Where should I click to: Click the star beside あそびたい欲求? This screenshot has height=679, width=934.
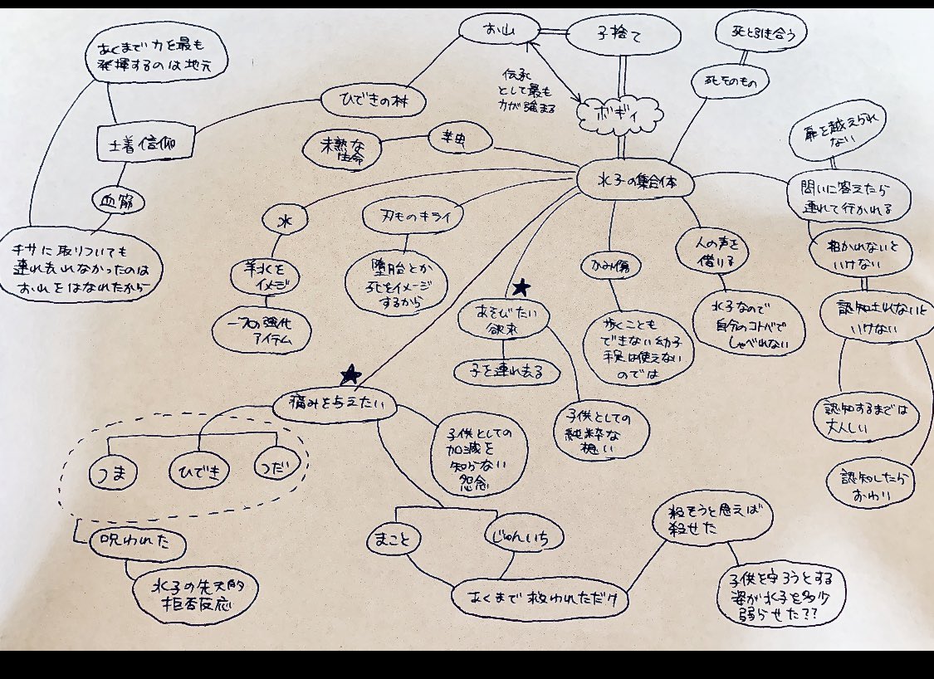pyautogui.click(x=521, y=287)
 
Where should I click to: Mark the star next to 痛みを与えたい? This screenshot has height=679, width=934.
pyautogui.click(x=350, y=374)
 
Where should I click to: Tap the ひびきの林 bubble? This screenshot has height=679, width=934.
pyautogui.click(x=373, y=102)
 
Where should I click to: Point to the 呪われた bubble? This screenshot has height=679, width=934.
pyautogui.click(x=136, y=540)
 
